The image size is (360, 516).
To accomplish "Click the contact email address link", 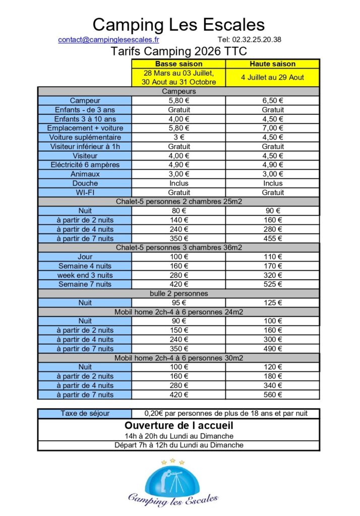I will point(108,39).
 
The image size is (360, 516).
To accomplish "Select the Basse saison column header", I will point(178,64).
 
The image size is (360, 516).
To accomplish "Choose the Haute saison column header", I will point(272,64).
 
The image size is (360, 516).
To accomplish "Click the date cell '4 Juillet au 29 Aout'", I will point(272,78).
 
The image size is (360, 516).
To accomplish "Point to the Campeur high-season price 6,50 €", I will point(272,101).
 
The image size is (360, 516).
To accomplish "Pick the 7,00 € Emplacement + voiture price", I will point(272,128).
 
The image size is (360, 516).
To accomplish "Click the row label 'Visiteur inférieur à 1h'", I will point(85,147).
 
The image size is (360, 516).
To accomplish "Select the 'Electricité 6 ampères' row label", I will point(85,165).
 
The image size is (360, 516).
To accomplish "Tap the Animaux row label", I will point(85,174).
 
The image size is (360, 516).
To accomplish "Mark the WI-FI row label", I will point(85,192).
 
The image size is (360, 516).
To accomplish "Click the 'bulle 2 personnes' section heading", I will point(178,293).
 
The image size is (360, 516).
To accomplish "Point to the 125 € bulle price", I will point(272,303).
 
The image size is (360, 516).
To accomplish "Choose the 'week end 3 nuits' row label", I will point(85,275).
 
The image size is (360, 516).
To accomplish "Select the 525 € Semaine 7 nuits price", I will point(272,284).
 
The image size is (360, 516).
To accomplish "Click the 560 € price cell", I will point(272,395).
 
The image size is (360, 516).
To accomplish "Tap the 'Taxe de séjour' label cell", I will point(85,414).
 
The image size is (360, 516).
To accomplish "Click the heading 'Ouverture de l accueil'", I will point(178,426).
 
